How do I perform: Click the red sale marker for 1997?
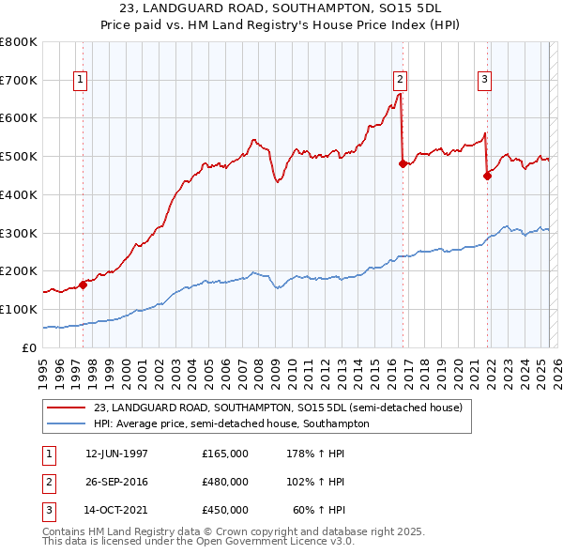pos(83,285)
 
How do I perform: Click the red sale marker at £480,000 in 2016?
pos(403,163)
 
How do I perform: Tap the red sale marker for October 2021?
pos(488,175)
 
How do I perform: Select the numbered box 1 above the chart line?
pos(81,80)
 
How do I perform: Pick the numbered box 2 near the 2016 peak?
pos(401,80)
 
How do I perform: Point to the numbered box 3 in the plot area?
pos(484,80)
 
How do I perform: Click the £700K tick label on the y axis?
pos(19,80)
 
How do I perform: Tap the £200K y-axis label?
pos(19,270)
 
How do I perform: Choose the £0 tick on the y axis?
pos(30,347)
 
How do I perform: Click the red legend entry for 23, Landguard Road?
pos(278,408)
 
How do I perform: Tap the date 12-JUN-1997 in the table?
pos(116,454)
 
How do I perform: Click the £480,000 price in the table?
pos(225,482)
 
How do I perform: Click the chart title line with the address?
pos(281,8)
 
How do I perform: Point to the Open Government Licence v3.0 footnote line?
pos(199,543)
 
